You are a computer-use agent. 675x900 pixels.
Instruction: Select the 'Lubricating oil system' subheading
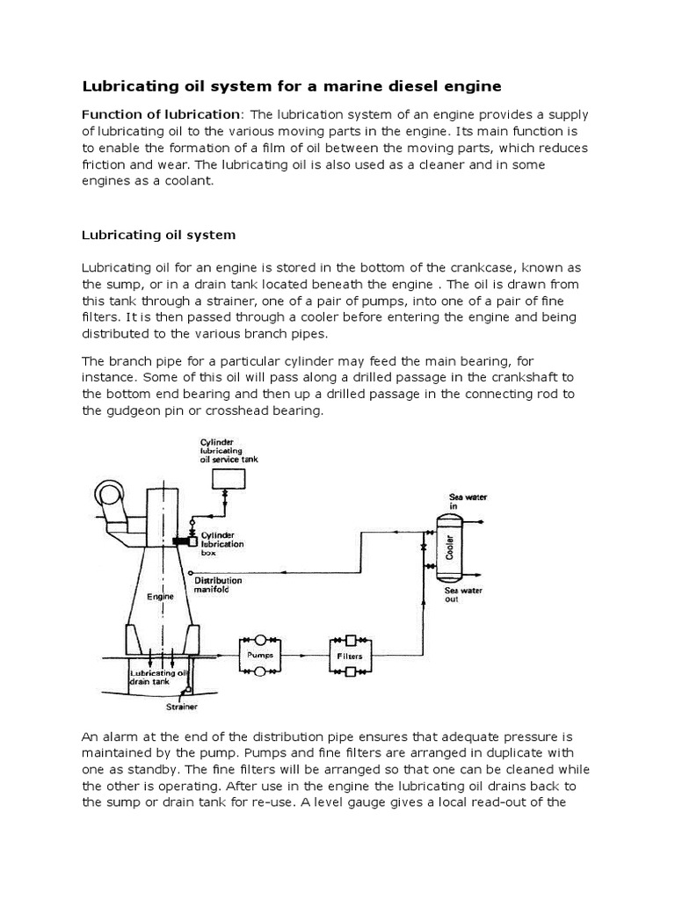click(x=158, y=235)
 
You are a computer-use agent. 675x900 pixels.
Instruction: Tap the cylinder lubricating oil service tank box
click(x=229, y=477)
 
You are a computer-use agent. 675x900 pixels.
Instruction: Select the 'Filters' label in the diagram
click(x=349, y=656)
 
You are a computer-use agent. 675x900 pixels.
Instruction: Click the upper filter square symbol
click(x=349, y=640)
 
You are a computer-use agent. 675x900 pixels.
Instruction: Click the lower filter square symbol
click(x=349, y=671)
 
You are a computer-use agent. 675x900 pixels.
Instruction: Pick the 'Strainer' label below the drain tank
click(x=181, y=705)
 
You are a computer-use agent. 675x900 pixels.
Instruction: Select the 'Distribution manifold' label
click(x=218, y=584)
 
